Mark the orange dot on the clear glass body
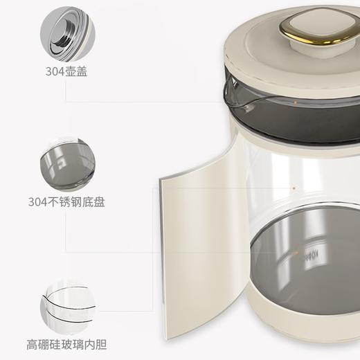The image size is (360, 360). [x=294, y=188]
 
